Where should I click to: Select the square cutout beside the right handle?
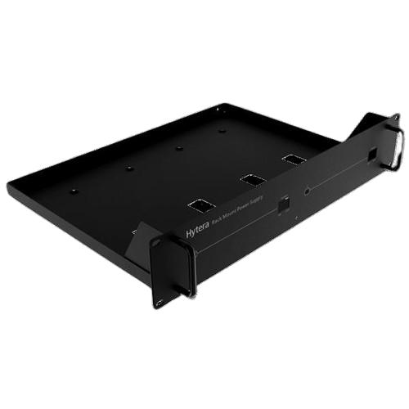[x=372, y=155]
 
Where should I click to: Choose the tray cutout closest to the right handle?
[x=292, y=159]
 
